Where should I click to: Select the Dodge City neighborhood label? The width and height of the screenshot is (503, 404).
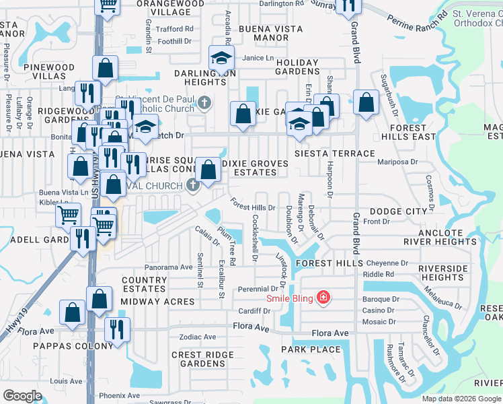tap(398, 211)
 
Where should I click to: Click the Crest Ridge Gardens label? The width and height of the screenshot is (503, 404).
tap(198, 359)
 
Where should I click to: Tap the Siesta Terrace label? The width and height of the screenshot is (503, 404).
tap(334, 154)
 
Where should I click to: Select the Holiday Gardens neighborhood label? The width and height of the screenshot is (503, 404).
tap(297, 67)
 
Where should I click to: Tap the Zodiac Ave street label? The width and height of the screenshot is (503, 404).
tap(197, 337)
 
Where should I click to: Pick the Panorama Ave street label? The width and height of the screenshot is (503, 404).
tap(169, 267)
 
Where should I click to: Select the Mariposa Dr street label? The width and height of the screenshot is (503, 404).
tap(398, 162)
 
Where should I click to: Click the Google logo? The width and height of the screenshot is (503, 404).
tap(22, 396)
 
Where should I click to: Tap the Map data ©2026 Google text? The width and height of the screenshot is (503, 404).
tap(461, 399)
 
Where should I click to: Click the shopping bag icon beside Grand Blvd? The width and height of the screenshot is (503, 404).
tap(366, 103)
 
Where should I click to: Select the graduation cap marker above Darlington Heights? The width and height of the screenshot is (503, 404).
tap(221, 58)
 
